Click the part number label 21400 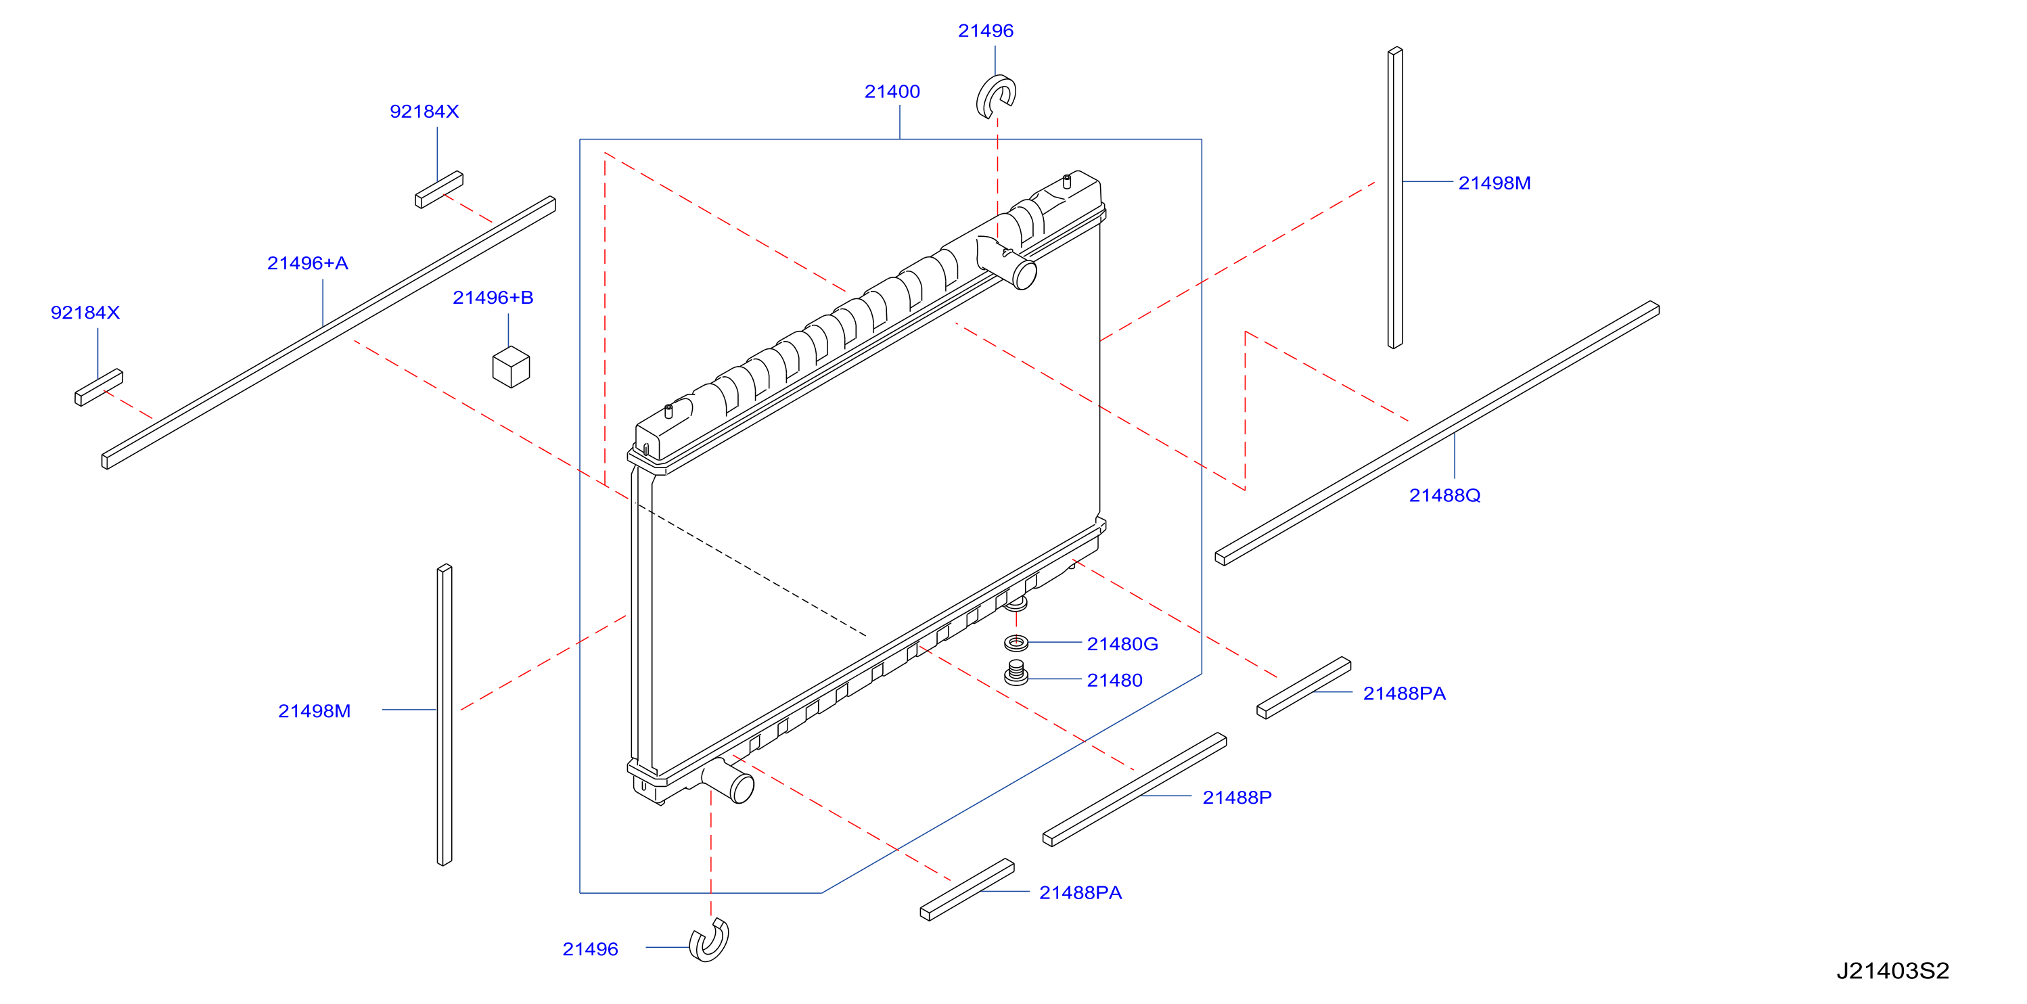[x=892, y=91]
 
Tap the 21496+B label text [x=493, y=298]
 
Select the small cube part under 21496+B [x=511, y=367]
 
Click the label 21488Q [x=1444, y=495]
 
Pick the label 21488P [x=1237, y=797]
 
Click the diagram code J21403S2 [x=1892, y=970]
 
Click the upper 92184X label [x=424, y=111]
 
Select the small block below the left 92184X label [x=98, y=387]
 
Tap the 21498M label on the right [x=1495, y=183]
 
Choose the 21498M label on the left [x=314, y=710]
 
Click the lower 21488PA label [x=1080, y=892]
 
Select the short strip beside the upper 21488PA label [x=1303, y=687]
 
